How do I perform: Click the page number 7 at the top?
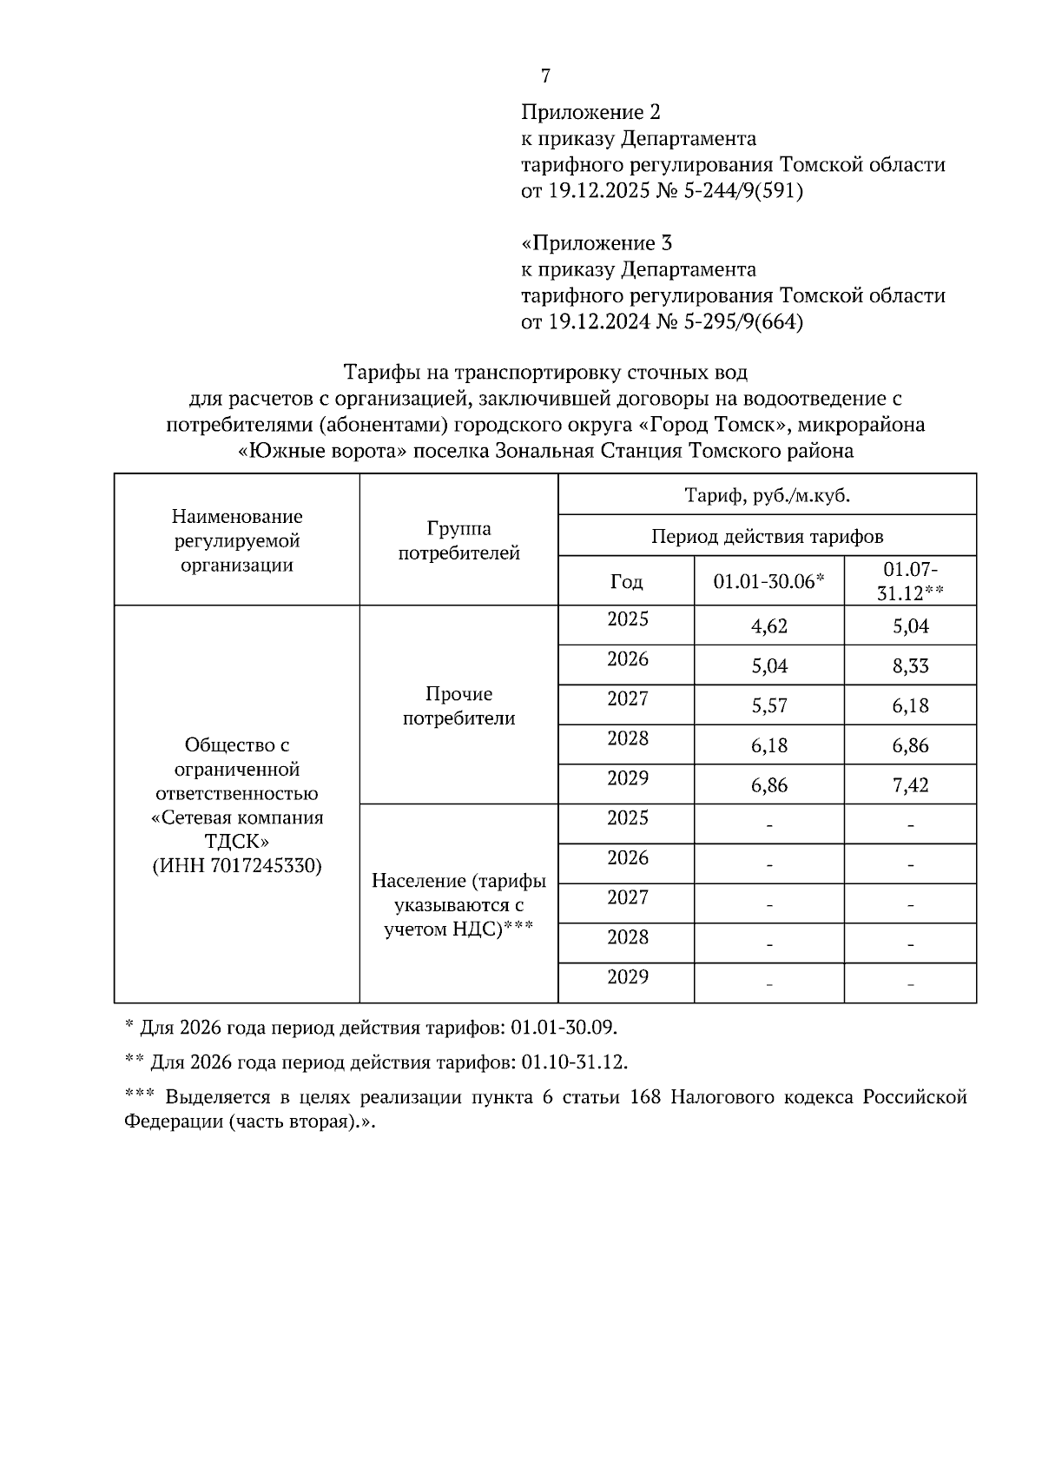(x=545, y=76)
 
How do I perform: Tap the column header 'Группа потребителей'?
(x=458, y=540)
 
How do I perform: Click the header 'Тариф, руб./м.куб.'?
(x=767, y=496)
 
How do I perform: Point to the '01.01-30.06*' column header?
(x=768, y=581)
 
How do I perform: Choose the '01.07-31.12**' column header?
(x=910, y=581)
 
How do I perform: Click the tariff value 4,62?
(x=769, y=626)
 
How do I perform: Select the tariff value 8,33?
(x=910, y=666)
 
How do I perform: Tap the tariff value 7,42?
(x=910, y=785)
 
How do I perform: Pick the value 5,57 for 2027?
(x=769, y=705)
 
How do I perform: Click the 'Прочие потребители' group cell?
(x=458, y=705)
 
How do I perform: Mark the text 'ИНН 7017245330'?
(x=237, y=866)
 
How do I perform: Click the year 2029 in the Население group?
(x=628, y=977)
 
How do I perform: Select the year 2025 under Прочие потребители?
(x=628, y=619)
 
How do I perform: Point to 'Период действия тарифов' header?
(x=767, y=537)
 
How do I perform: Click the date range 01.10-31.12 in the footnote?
(x=568, y=1062)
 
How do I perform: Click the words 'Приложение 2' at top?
(x=590, y=113)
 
